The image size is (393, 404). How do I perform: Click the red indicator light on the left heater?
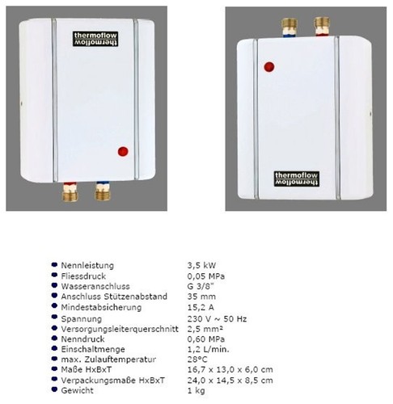point(123,151)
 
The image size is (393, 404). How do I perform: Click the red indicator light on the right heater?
point(269,67)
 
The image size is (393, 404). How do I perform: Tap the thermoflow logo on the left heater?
point(95,39)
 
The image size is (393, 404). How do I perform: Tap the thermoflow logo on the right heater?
point(297,179)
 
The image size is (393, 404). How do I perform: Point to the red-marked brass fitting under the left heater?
point(70,191)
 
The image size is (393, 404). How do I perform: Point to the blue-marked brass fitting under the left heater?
point(103,191)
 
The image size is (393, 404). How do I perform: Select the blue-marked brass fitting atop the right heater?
point(289,27)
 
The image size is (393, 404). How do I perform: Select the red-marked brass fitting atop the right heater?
point(322,26)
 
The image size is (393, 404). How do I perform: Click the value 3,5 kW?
point(201,265)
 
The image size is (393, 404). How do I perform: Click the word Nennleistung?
point(87,265)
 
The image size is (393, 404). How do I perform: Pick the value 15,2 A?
point(201,307)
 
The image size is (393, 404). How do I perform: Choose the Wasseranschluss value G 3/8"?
point(201,286)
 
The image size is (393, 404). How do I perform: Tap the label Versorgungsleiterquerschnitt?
point(120,329)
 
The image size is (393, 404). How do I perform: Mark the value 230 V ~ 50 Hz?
point(217,318)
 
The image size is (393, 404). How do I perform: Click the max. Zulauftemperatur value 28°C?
point(197,360)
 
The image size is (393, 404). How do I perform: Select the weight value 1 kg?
point(196,390)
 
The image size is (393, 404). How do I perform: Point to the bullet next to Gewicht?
point(54,389)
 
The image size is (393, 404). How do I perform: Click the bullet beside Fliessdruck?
point(54,275)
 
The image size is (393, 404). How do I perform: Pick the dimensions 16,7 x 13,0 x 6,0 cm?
point(230,369)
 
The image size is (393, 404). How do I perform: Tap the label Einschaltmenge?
point(93,349)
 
